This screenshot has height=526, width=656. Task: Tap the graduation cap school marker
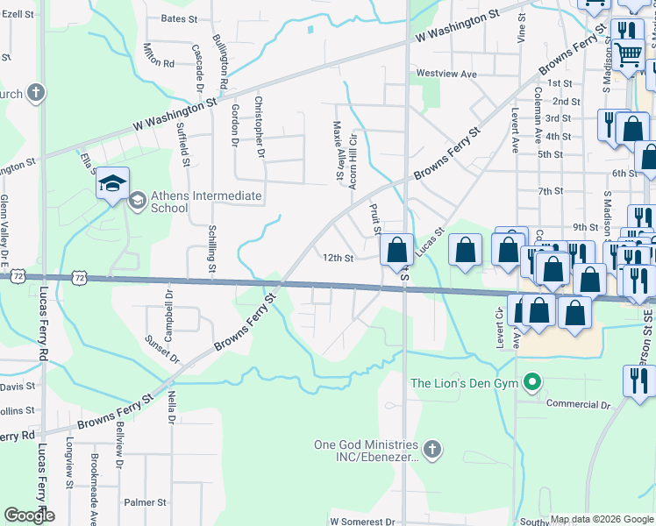(112, 184)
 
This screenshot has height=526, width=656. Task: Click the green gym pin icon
(531, 382)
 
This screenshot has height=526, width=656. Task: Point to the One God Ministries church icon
(431, 450)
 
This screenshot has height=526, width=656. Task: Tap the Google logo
(29, 515)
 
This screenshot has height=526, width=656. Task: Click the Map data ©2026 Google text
(602, 519)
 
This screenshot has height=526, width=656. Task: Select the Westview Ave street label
(446, 75)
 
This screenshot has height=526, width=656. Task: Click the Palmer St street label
(145, 502)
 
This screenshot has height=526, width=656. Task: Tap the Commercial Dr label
(578, 404)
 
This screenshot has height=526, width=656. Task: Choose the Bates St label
(179, 18)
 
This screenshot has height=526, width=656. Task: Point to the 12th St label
(337, 259)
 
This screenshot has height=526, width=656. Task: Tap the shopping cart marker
(628, 54)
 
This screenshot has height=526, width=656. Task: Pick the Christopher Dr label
(259, 127)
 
